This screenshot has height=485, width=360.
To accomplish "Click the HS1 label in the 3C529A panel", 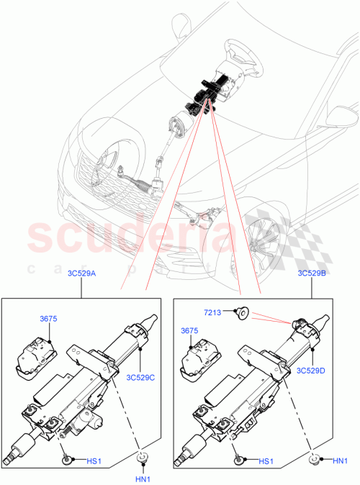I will pos(93,461).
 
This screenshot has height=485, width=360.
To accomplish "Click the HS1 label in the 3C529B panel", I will pos(266,461).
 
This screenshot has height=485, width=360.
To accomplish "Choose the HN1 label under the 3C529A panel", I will pos(143,479).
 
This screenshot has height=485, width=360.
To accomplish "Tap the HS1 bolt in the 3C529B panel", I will pos(239,458).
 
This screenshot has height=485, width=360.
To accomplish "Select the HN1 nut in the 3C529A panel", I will pos(143,458).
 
